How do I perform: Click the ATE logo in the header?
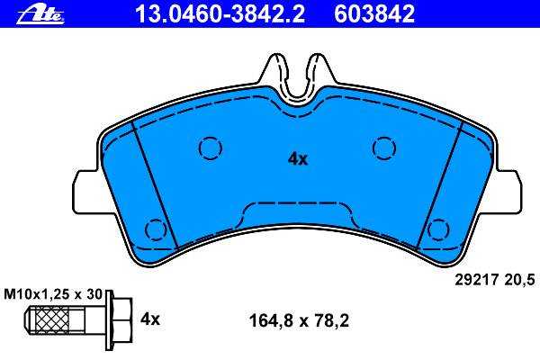(40, 15)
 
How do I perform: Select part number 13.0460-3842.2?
(220, 14)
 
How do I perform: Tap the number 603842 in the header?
(374, 14)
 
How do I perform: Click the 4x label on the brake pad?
(298, 159)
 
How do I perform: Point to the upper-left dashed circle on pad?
(211, 148)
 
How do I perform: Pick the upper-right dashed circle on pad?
(384, 148)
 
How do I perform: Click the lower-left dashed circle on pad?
(156, 229)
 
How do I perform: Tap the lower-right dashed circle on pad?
(438, 229)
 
